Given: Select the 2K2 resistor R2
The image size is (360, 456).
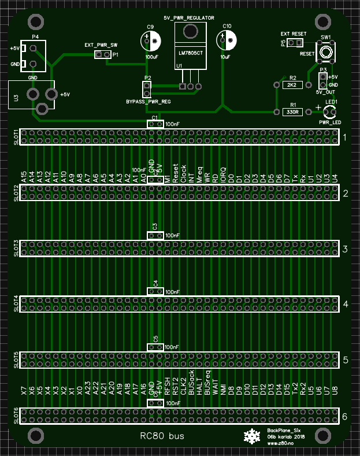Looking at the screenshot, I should pos(292,85).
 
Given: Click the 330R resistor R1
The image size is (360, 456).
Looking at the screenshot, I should pos(292,112).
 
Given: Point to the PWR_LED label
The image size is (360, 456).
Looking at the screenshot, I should pos(330,122).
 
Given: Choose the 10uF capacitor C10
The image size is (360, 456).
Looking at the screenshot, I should pos(227,40).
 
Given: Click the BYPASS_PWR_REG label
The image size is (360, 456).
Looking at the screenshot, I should pos(149,101).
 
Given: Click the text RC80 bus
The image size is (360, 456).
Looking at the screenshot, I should pos(162,436).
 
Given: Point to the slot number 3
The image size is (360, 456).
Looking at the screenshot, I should pos(345,249).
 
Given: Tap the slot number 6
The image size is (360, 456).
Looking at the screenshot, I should pos(345,416).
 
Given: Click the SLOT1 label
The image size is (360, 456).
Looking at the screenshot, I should pos(16,137).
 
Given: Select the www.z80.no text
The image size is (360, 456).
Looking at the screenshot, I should pos(280,443).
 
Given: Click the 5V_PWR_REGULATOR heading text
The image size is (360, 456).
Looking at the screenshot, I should pos(189,18).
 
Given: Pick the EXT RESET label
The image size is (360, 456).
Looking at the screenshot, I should pos(294,34).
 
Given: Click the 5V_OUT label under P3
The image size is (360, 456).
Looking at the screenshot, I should pos(326,92).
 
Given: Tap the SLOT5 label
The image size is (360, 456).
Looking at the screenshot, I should pos(16,359).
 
